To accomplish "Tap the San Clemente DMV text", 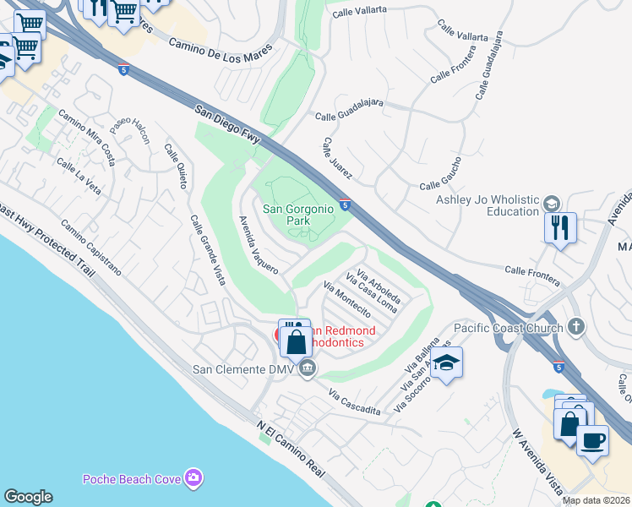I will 242,368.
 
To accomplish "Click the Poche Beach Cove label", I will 132,480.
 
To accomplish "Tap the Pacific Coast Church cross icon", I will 576,326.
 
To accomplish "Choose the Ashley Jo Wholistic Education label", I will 488,205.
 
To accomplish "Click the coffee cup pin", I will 592,439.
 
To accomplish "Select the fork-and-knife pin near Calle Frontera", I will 560,228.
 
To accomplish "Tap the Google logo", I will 28,497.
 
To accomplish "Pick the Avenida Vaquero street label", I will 257,243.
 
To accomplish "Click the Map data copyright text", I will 597,500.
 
